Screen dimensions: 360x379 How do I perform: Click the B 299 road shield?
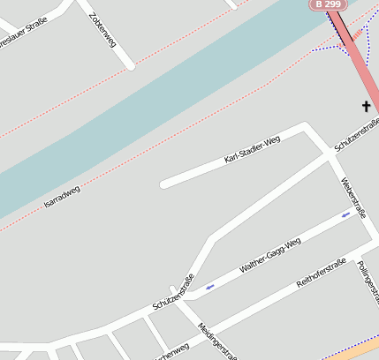[x=327, y=4]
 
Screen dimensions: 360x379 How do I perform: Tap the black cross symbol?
[x=366, y=107]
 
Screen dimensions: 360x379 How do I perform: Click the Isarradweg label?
[x=62, y=198]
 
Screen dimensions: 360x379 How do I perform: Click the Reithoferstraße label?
[x=321, y=274]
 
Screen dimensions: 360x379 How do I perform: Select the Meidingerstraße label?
[x=217, y=341]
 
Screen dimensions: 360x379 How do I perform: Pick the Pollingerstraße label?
[x=369, y=284]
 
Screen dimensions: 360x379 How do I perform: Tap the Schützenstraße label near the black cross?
[x=357, y=134]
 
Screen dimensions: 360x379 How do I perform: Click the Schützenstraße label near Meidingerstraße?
[x=173, y=293]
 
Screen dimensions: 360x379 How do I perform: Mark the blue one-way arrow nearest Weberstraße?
[x=346, y=214]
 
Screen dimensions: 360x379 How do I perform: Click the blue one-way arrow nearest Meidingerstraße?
[x=210, y=286]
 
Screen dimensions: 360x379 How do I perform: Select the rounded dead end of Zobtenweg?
[x=131, y=64]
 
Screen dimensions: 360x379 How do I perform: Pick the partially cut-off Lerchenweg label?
[x=171, y=352]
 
